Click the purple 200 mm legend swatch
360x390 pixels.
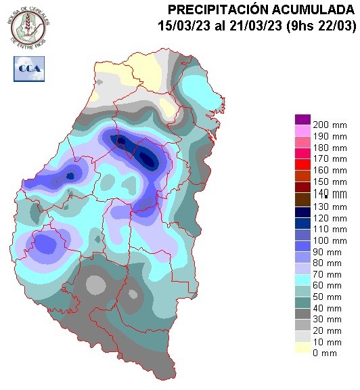pyautogui.click(x=302, y=119)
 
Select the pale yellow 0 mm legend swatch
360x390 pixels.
pyautogui.click(x=302, y=349)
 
